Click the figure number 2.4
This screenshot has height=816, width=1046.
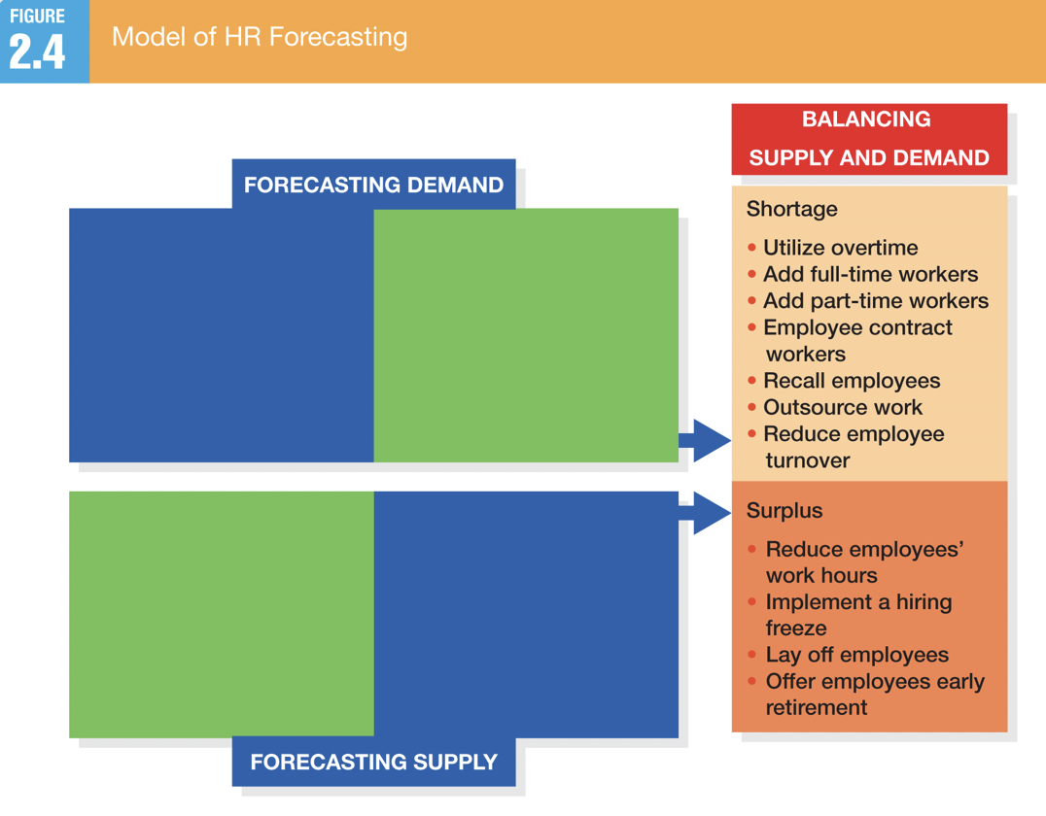37,51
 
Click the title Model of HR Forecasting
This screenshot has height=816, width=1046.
260,37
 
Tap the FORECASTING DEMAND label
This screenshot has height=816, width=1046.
373,185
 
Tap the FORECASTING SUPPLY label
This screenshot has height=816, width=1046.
373,762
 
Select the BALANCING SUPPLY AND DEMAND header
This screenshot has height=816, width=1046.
868,139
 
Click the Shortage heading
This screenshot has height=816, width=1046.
792,209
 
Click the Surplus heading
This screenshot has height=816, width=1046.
784,511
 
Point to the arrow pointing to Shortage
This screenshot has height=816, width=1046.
705,441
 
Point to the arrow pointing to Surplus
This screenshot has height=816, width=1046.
705,513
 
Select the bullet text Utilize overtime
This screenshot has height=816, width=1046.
841,248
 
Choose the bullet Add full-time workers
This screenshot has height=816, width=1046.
871,274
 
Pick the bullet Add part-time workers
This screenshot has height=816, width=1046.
876,301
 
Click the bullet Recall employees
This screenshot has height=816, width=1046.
852,381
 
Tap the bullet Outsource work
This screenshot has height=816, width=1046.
843,407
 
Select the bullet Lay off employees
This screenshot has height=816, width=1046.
857,655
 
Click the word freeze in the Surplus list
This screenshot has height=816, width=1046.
796,628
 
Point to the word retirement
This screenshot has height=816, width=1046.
817,707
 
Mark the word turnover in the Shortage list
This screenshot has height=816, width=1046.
808,460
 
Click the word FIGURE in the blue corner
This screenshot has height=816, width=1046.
37,16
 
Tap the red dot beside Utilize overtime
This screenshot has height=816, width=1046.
751,248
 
